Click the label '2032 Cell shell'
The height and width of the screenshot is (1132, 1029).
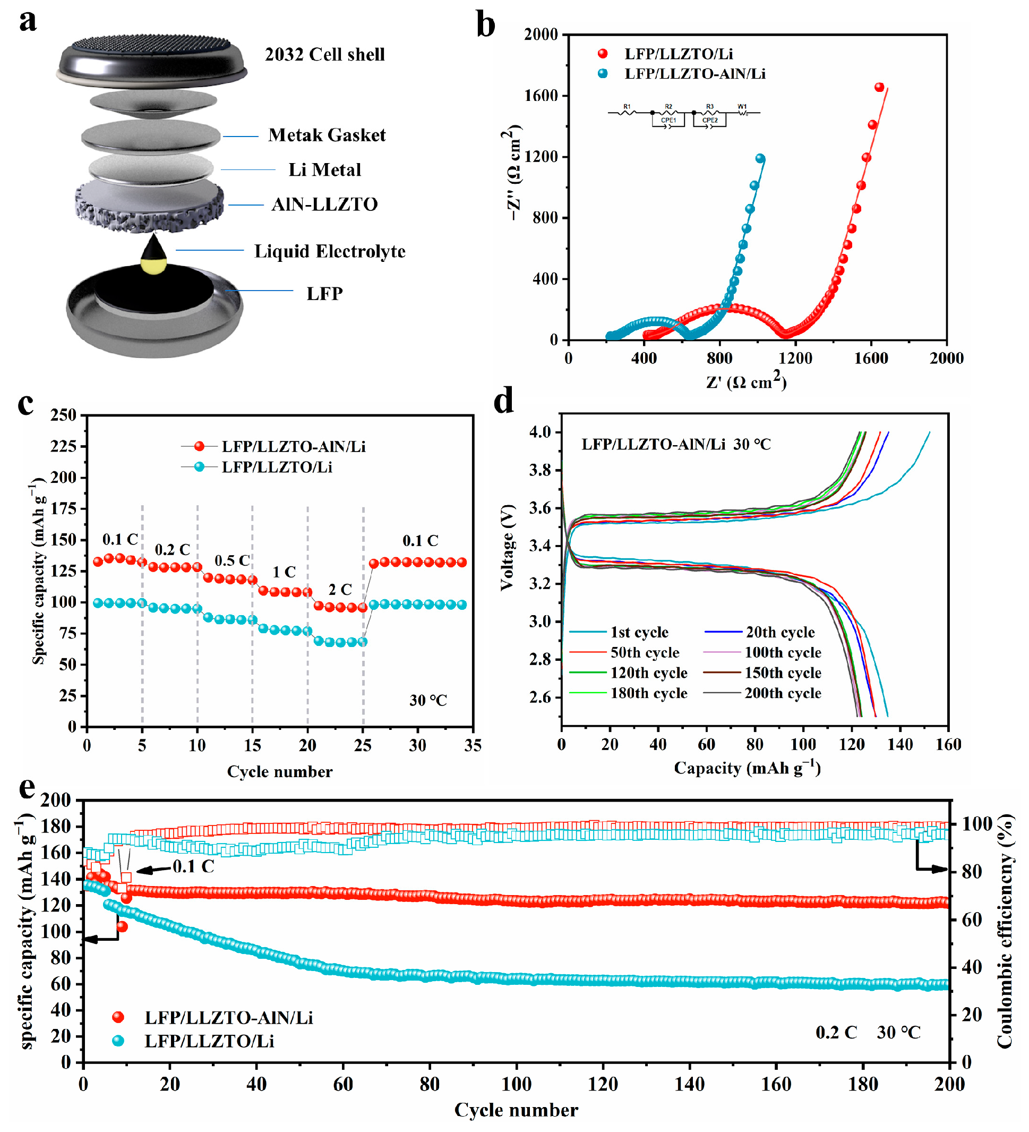(x=324, y=55)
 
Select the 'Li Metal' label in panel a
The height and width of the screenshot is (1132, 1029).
(x=324, y=169)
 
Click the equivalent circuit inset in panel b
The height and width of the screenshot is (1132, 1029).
(x=684, y=115)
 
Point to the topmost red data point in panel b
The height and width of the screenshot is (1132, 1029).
(x=879, y=87)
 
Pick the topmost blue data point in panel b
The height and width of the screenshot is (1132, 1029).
(x=760, y=158)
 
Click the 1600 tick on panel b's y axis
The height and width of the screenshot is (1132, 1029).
(x=541, y=96)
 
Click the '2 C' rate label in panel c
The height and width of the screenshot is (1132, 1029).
(x=340, y=590)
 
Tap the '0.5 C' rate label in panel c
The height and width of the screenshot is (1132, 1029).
(x=232, y=560)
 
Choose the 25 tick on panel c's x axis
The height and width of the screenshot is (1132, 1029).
(x=363, y=745)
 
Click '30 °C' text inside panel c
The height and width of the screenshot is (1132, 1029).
(x=428, y=700)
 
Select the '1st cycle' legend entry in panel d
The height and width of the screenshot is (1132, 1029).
(x=639, y=632)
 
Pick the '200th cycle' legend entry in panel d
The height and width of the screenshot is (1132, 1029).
(x=783, y=693)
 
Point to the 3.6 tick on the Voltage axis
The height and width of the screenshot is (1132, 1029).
(x=539, y=508)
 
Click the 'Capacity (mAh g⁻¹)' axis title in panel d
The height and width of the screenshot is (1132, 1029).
(x=747, y=768)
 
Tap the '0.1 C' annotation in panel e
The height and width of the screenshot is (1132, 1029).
(x=193, y=866)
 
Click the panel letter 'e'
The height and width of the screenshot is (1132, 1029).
(x=27, y=788)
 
